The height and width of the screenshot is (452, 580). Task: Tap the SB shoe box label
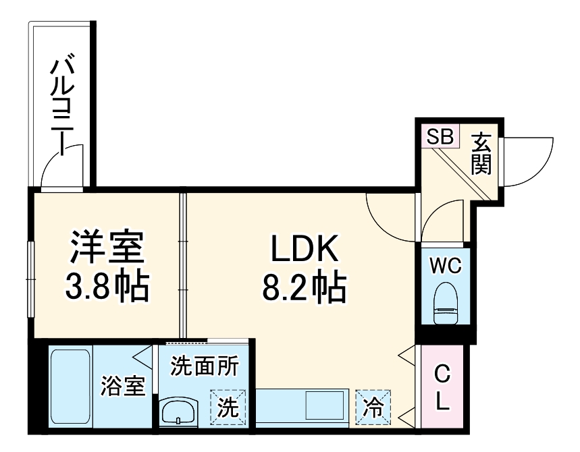440,136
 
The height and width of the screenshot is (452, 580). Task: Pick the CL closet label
442,388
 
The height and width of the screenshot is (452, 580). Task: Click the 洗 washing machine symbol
228,407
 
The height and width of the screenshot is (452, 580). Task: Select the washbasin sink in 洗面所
178,409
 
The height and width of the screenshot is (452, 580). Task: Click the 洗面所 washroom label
204,366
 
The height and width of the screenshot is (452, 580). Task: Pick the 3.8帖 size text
107,287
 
